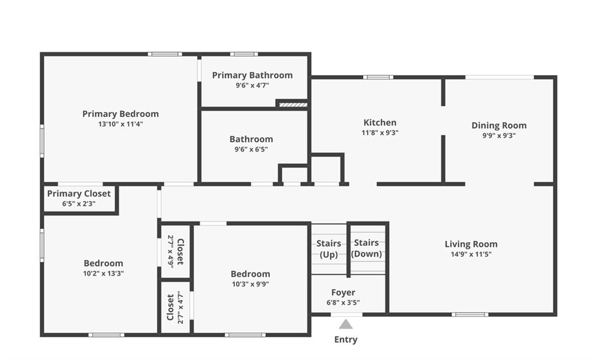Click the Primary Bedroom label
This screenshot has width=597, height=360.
tap(120, 114)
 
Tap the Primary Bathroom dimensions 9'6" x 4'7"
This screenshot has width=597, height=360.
tap(252, 85)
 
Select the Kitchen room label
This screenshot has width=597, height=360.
tap(380, 122)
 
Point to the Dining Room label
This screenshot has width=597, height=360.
tap(499, 126)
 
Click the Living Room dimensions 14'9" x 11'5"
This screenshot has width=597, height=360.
tap(471, 254)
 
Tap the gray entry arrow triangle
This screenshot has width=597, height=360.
tap(346, 324)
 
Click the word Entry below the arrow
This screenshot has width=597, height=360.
tap(346, 340)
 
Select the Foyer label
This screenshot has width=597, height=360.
tap(343, 292)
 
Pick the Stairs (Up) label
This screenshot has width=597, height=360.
tap(329, 249)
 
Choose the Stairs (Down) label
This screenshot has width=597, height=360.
tap(366, 248)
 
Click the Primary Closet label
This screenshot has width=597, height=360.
tap(79, 194)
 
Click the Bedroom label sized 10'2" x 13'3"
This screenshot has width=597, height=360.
tap(103, 263)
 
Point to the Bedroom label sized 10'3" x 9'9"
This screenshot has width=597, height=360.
tap(250, 274)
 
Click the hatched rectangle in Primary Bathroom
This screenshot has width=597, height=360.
tap(293, 104)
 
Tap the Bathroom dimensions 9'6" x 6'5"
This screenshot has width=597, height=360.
tap(251, 149)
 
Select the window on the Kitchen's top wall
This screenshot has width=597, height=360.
tap(378, 77)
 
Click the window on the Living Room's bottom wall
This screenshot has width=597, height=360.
tap(470, 315)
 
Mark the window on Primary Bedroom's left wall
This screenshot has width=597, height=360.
tap(42, 140)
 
